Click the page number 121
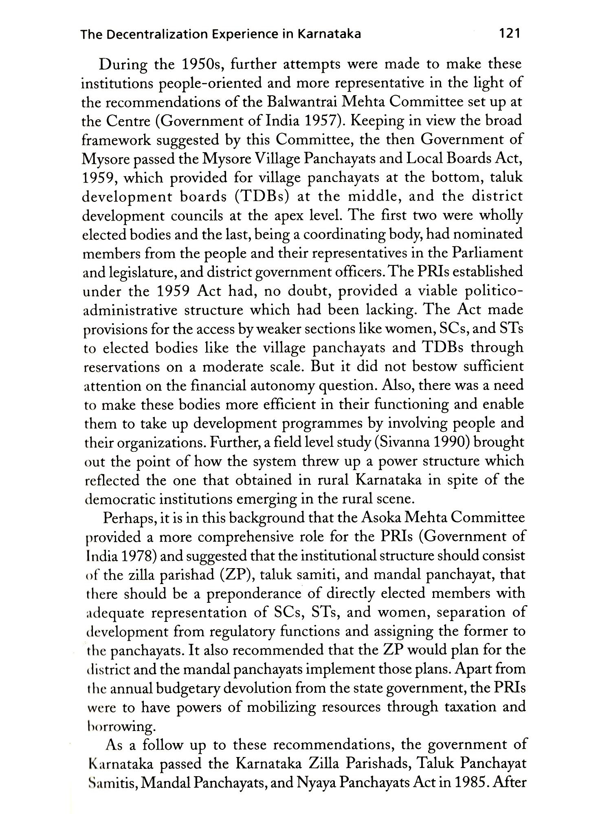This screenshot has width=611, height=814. pos(509,34)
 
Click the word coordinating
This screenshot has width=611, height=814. pos(342,234)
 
